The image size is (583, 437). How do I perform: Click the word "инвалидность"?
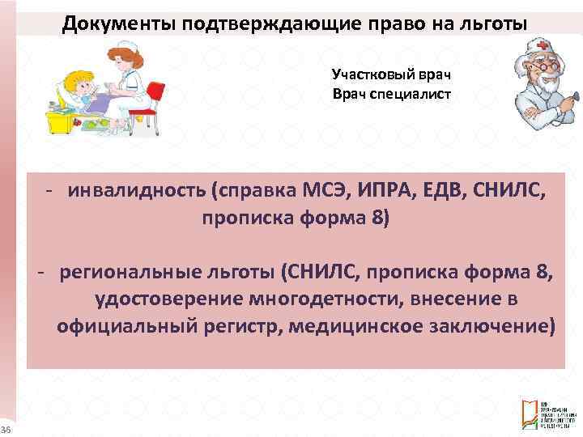pyautogui.click(x=137, y=191)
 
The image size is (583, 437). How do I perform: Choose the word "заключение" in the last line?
pyautogui.click(x=490, y=326)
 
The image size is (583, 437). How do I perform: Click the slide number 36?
pyautogui.click(x=5, y=428)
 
